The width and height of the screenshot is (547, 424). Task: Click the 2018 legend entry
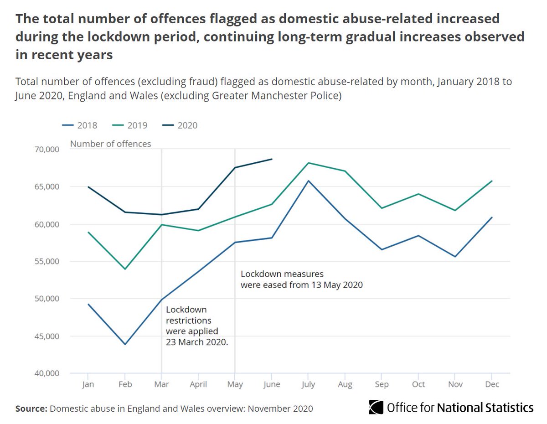click(x=81, y=125)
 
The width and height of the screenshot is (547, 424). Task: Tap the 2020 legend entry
click(x=181, y=125)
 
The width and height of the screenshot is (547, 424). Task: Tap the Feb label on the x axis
click(x=125, y=384)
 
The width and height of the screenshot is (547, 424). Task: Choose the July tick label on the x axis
click(x=308, y=384)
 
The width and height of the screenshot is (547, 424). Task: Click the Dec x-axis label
click(x=492, y=384)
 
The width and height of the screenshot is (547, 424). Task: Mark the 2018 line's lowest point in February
click(x=125, y=344)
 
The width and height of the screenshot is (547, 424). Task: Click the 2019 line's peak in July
click(x=309, y=163)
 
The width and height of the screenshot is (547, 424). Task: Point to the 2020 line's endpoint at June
click(x=272, y=159)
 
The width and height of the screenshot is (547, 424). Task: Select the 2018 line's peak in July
click(x=309, y=181)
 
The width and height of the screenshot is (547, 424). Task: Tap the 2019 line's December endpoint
click(x=492, y=181)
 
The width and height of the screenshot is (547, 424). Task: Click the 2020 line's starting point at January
click(x=88, y=187)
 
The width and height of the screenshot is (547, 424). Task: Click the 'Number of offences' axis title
click(x=110, y=144)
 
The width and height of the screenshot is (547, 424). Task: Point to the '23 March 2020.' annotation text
click(x=197, y=341)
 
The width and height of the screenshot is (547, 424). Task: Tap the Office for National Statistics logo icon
click(x=376, y=407)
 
